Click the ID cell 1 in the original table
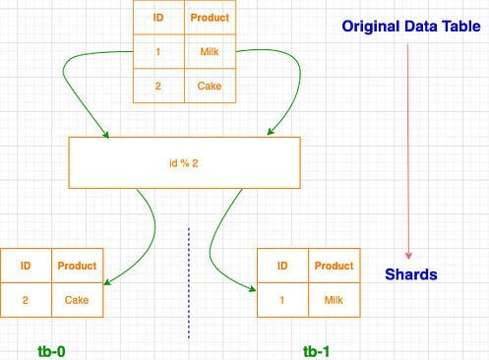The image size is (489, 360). coord(157,52)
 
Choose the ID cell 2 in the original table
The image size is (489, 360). coord(157,86)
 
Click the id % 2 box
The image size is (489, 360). coord(184,162)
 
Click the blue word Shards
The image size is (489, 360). coord(410,274)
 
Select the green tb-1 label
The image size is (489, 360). coord(317,349)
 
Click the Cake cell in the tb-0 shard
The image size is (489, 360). coord(77,299)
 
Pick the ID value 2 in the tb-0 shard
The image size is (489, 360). coord(26,299)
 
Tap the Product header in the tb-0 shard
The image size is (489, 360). coord(77,266)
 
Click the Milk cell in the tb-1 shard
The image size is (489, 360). coord(334,299)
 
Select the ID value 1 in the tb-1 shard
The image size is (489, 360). coord(282,299)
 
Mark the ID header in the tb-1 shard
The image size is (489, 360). coord(282,266)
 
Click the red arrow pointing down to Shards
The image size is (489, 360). coord(407,148)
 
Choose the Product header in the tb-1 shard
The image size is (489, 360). coord(334,266)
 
